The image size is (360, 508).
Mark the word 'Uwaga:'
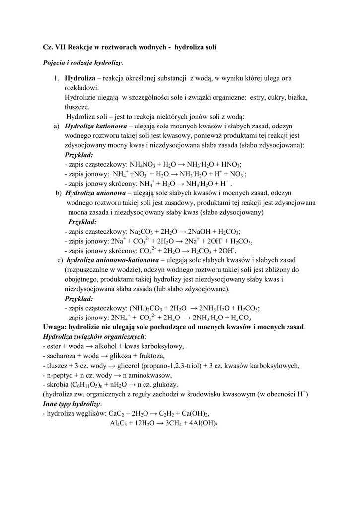(56, 327)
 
